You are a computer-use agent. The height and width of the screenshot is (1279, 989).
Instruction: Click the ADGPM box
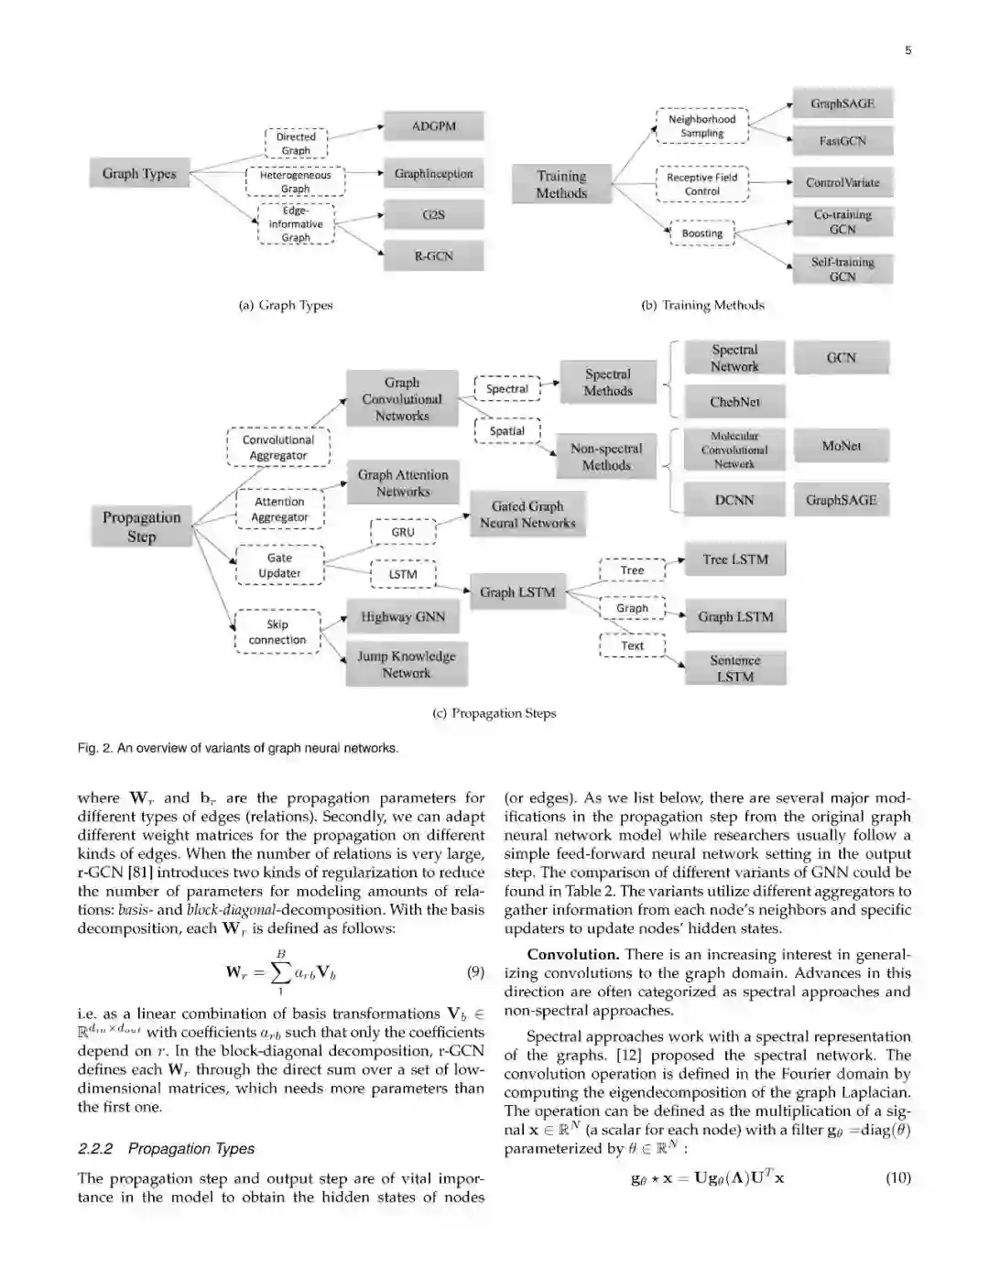(x=433, y=126)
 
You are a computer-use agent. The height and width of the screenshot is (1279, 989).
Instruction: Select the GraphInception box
(x=433, y=174)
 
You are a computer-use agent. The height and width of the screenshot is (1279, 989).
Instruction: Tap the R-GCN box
(x=433, y=256)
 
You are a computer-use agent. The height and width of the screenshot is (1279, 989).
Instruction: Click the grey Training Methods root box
(x=561, y=184)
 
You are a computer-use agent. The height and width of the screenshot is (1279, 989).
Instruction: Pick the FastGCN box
(x=842, y=141)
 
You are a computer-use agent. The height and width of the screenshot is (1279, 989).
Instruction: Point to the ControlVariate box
(x=842, y=182)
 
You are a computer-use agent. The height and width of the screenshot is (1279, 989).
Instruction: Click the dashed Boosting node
(x=702, y=233)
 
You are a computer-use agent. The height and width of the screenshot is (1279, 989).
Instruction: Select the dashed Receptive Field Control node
(x=702, y=184)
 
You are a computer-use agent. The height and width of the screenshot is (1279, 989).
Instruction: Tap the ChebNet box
(x=734, y=402)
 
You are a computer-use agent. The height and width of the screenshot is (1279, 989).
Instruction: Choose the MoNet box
(x=841, y=446)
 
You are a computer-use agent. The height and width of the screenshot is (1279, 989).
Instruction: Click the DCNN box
(x=734, y=500)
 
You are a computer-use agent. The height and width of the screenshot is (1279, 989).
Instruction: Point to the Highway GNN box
(x=403, y=617)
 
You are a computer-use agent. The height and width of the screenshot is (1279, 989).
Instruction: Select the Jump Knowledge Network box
(x=406, y=665)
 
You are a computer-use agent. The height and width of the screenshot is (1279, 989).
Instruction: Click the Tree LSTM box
(x=734, y=559)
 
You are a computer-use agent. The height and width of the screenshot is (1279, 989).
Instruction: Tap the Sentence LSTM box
(x=734, y=668)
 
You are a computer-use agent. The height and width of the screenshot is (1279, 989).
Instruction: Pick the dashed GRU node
(x=403, y=532)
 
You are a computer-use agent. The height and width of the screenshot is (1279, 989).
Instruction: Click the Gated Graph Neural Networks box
(x=527, y=515)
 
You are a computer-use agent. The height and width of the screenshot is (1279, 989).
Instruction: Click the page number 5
(x=907, y=50)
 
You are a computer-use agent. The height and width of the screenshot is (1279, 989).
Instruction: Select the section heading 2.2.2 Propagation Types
(x=166, y=1148)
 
